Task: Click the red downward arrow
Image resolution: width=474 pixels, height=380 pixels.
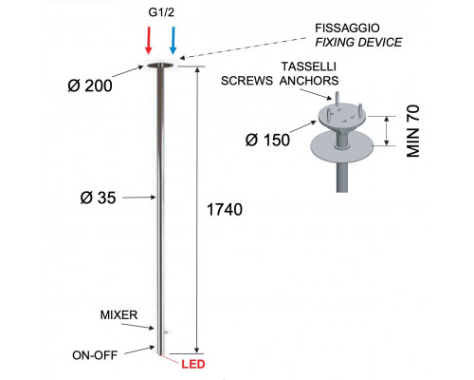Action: click(x=149, y=41)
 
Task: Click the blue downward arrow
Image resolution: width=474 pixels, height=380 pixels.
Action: click(x=173, y=41)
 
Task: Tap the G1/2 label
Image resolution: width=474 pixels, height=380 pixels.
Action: click(x=161, y=12)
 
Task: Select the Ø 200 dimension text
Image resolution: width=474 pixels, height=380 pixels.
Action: click(x=90, y=85)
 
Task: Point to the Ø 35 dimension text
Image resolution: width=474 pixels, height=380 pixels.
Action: click(x=99, y=198)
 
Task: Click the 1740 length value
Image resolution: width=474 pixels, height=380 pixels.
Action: click(x=225, y=209)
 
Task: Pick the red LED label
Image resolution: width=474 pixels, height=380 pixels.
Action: click(x=193, y=364)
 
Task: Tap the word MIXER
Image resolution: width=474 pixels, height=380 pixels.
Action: click(x=118, y=315)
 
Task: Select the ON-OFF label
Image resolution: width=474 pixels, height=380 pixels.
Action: click(x=95, y=355)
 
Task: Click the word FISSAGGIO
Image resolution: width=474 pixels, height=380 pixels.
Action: click(x=347, y=28)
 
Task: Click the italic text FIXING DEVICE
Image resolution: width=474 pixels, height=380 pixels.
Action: click(x=358, y=42)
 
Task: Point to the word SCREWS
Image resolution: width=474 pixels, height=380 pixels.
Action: click(x=246, y=81)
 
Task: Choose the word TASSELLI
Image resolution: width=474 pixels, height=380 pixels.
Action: click(x=309, y=66)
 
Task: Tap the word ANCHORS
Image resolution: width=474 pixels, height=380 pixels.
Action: click(x=309, y=81)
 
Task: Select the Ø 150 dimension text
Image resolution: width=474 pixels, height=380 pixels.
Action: click(x=267, y=140)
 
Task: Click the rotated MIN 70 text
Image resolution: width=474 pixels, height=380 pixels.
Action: click(x=413, y=131)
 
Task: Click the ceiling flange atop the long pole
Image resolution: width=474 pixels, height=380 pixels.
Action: click(x=160, y=66)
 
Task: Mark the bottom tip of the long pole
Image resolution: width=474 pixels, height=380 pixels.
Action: click(x=160, y=355)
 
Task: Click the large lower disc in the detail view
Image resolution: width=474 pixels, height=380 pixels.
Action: click(x=342, y=146)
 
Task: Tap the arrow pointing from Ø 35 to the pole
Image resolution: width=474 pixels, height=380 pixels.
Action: click(x=139, y=198)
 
